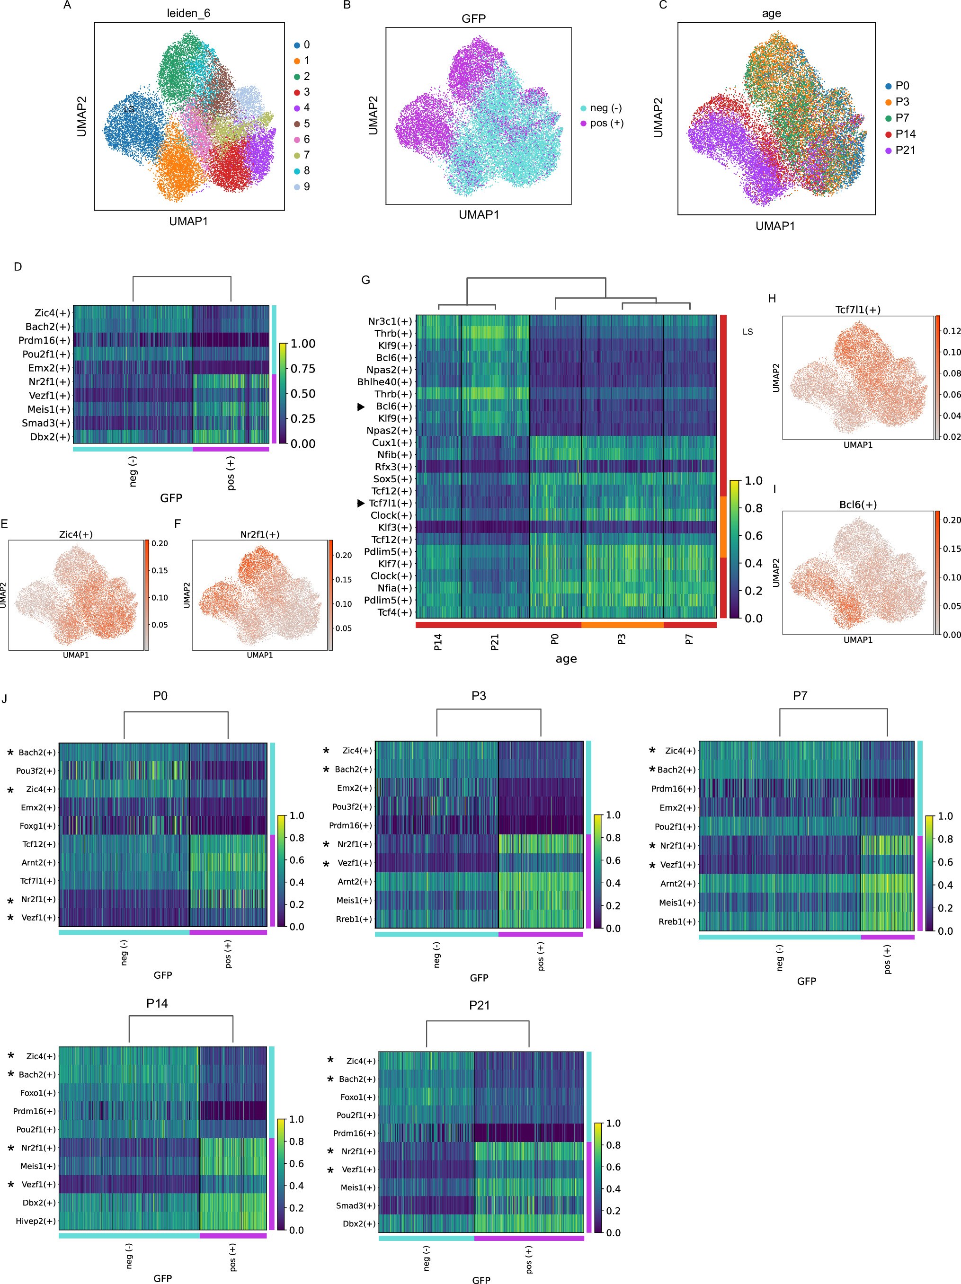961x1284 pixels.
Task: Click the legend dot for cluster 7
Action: (x=297, y=155)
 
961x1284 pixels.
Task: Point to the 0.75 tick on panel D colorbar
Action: (x=303, y=369)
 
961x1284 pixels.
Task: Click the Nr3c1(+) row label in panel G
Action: (x=390, y=321)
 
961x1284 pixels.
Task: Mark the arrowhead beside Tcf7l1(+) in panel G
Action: (x=361, y=503)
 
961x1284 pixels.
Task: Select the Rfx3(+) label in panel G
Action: (x=393, y=467)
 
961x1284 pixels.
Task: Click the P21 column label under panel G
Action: (x=495, y=642)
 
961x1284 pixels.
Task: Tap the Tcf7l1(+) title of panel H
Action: (x=858, y=310)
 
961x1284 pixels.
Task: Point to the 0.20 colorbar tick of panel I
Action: (x=951, y=520)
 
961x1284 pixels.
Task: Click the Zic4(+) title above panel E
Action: (x=75, y=534)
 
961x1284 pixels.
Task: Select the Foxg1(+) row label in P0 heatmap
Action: (x=38, y=825)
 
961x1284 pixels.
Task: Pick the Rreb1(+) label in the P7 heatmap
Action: (x=676, y=921)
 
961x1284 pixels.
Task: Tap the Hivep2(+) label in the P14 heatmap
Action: (x=36, y=1221)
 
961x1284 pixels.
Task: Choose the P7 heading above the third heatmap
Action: (x=800, y=695)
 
